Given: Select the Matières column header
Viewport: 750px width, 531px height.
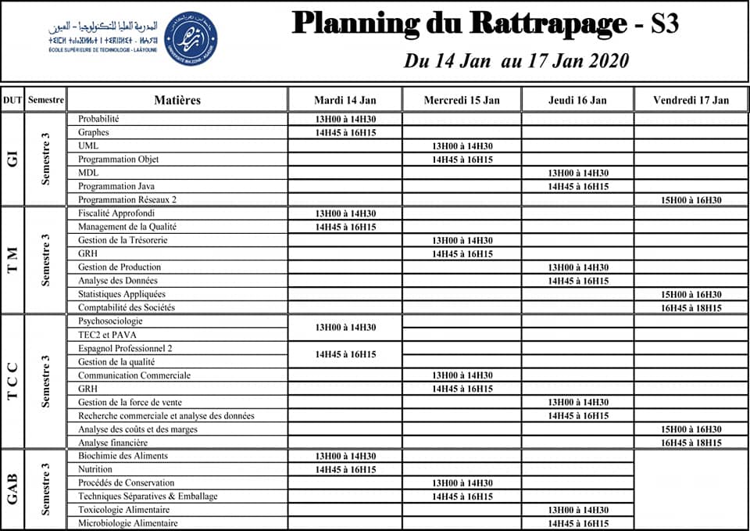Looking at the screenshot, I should click(177, 100).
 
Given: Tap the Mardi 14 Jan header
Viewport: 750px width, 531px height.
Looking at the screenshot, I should click(345, 100).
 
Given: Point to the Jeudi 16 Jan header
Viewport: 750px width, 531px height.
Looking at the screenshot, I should click(578, 100).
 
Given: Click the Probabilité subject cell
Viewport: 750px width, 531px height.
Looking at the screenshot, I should click(98, 119).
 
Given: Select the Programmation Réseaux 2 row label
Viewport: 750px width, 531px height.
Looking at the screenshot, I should click(127, 199).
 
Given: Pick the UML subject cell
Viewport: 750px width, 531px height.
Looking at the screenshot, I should click(88, 146).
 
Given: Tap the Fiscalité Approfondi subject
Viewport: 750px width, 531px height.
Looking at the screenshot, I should click(116, 213).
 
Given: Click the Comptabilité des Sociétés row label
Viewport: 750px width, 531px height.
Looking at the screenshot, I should click(125, 307).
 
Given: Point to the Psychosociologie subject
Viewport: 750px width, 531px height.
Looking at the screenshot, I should click(110, 321).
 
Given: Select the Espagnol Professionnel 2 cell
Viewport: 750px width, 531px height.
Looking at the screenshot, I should click(125, 348).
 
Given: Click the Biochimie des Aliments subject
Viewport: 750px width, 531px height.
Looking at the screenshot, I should click(123, 456).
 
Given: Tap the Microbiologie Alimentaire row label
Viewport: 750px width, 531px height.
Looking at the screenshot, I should click(127, 523).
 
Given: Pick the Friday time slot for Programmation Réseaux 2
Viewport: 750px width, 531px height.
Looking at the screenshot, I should click(691, 200).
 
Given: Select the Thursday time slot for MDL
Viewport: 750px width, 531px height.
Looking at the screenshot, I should click(578, 174).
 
